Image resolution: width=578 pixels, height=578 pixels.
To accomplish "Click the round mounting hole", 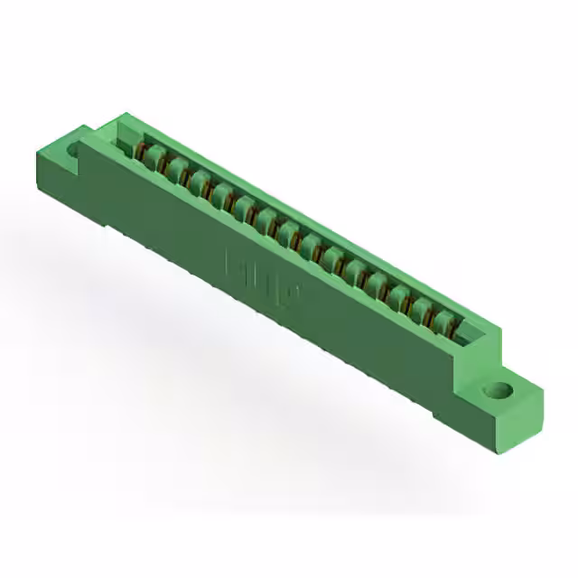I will [x=496, y=392].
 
